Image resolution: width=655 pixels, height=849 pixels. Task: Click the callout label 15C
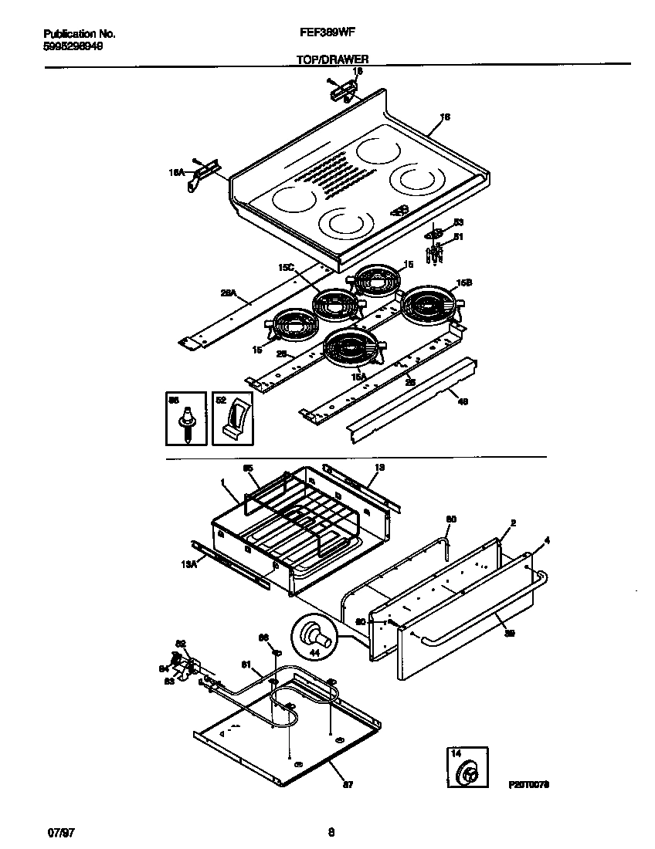point(287,267)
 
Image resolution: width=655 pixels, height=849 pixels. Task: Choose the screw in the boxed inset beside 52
point(186,424)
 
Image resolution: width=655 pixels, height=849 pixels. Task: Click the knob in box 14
point(469,772)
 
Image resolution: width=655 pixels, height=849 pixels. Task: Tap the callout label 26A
point(228,293)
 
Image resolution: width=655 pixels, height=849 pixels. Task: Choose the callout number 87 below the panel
point(348,786)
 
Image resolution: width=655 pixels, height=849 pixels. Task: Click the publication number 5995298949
point(73,46)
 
